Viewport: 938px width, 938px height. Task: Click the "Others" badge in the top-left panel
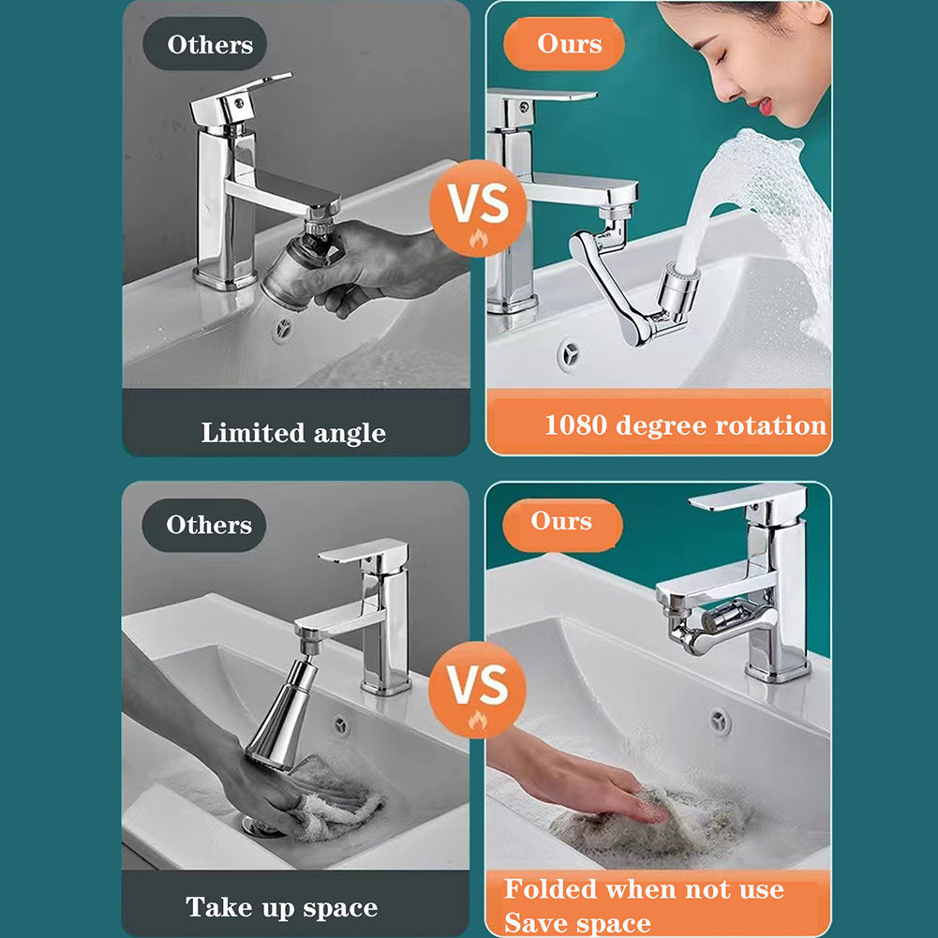coord(209,44)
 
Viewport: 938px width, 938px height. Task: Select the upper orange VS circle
coord(477,209)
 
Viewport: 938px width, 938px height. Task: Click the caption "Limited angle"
coord(293,433)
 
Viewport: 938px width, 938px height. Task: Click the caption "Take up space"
coord(281,907)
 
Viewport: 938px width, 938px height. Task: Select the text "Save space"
coord(577,923)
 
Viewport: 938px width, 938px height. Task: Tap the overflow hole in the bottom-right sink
coord(720,721)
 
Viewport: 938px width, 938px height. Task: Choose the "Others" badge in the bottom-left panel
coord(208,525)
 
